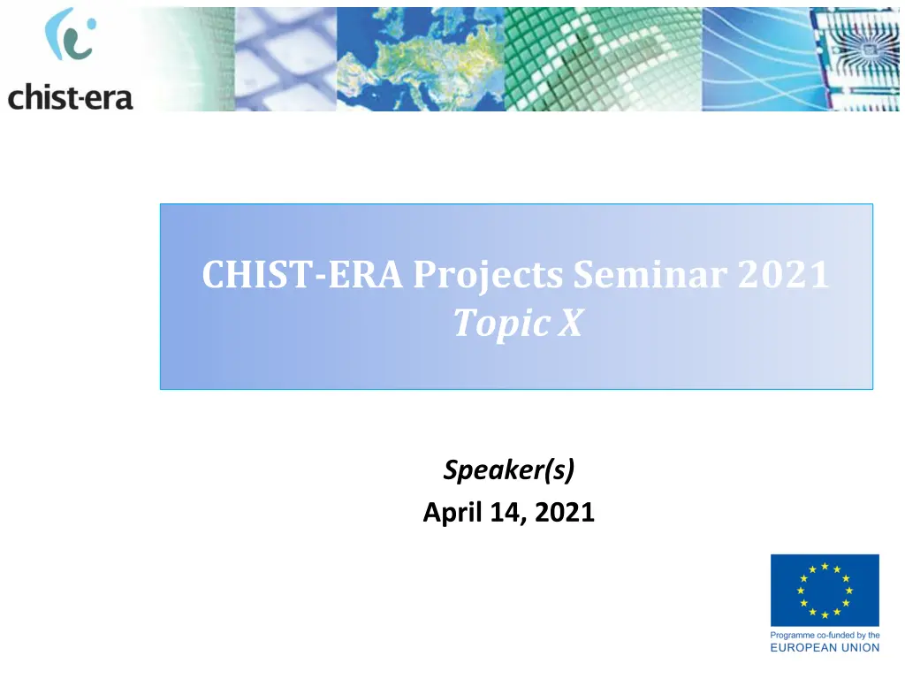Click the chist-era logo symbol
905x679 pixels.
pos(71,34)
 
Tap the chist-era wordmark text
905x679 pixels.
pos(71,96)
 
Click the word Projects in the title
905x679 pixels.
pos(488,274)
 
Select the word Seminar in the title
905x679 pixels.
pos(650,274)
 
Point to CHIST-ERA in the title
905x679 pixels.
pos(302,274)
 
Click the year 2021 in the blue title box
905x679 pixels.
pos(784,274)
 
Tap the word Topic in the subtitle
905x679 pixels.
pos(502,324)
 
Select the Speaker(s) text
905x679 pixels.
pos(509,470)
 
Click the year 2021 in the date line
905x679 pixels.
pos(565,512)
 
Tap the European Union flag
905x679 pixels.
pos(825,590)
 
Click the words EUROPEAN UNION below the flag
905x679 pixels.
pos(825,648)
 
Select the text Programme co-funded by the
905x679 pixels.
pos(825,635)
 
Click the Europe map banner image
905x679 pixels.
pos(421,59)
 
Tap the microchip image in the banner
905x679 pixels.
pos(854,59)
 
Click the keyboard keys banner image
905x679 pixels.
pos(285,59)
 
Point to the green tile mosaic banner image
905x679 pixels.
pos(604,59)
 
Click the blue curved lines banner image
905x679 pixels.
pos(757,59)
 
